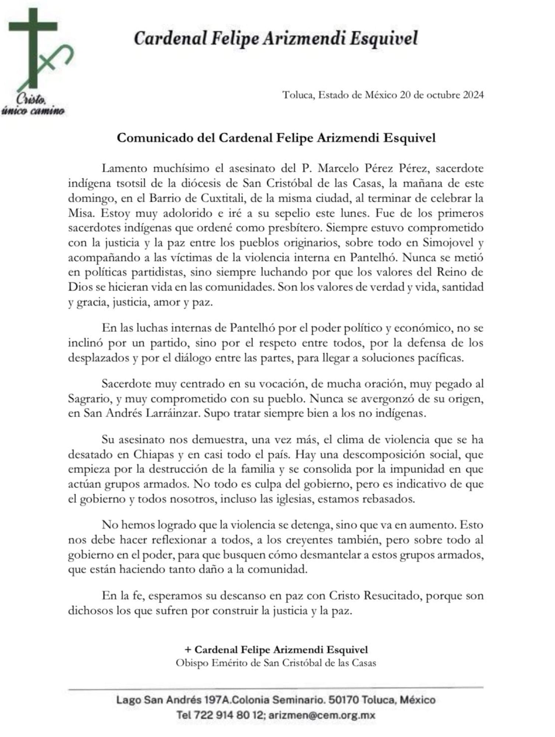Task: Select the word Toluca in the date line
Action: tap(298, 95)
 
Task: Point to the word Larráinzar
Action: tap(173, 413)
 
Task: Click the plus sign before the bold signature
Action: tap(188, 650)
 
